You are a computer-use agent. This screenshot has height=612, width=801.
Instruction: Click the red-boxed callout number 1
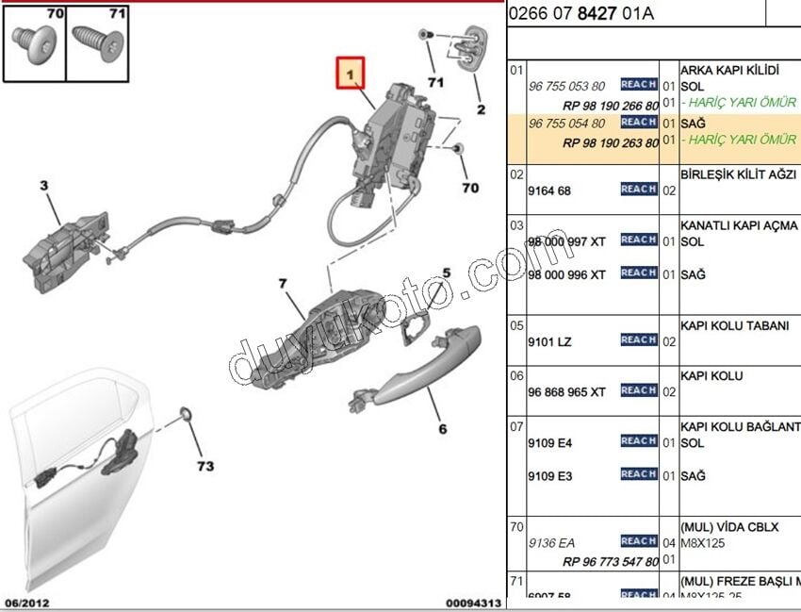point(351,73)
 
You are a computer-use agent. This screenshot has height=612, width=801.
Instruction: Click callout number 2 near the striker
point(481,110)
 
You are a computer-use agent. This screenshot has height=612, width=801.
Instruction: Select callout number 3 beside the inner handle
point(43,186)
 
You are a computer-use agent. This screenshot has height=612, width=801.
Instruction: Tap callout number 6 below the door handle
point(442,430)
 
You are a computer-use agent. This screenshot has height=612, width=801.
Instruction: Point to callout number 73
point(204,466)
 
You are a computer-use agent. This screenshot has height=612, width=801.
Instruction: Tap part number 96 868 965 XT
point(566,391)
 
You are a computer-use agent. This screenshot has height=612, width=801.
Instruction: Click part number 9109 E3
point(549,476)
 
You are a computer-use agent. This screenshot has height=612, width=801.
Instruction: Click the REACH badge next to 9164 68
point(638,190)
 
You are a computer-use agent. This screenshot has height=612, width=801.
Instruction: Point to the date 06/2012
point(27,603)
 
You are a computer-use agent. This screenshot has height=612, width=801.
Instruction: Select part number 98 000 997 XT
point(566,241)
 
